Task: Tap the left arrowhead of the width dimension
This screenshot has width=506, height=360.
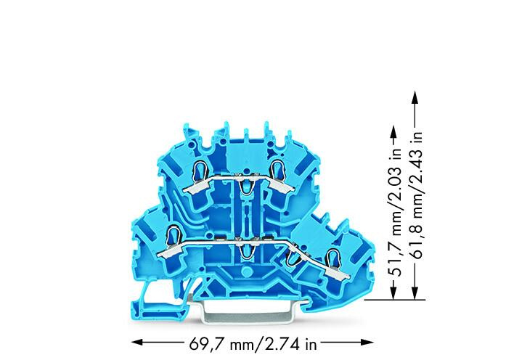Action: (x=137, y=343)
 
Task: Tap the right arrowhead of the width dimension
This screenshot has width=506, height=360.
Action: (x=368, y=343)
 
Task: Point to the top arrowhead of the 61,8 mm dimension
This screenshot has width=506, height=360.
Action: (x=415, y=97)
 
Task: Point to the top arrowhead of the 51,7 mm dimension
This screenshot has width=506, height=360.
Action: (x=393, y=131)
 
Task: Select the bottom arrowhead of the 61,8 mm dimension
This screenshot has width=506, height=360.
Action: (x=415, y=293)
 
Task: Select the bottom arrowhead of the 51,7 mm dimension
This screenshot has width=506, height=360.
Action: (x=393, y=293)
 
